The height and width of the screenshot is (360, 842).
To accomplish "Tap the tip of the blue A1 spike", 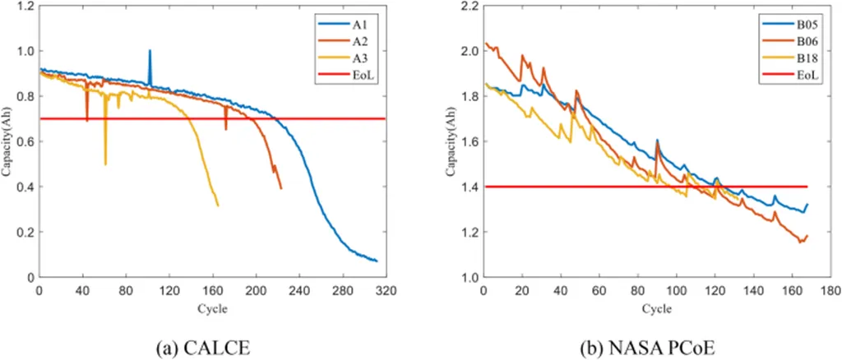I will [x=150, y=51].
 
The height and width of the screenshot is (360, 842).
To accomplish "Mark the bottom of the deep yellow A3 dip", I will [x=105, y=164].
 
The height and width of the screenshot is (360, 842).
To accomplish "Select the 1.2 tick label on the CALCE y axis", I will [x=26, y=6].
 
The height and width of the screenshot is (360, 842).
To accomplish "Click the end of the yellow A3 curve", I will [x=218, y=205].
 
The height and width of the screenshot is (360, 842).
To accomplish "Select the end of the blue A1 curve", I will [x=377, y=261].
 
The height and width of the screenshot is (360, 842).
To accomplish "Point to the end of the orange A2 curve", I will [x=281, y=188].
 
